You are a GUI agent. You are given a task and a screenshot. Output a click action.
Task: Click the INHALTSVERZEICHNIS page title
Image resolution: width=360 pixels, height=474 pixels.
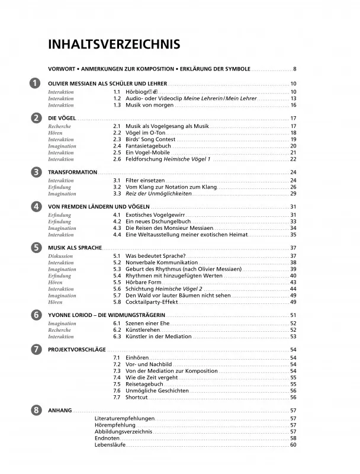pos(114,44)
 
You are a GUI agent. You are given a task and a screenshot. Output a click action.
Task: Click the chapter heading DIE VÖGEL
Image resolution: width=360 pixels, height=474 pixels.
pos(60,118)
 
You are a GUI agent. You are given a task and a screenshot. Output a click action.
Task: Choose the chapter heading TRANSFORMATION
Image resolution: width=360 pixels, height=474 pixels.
pos(72,172)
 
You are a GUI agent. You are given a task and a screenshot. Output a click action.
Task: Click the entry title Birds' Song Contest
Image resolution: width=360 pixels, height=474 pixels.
pos(147,139)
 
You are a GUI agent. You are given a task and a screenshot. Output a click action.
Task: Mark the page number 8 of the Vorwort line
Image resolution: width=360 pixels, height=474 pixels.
pos(294,69)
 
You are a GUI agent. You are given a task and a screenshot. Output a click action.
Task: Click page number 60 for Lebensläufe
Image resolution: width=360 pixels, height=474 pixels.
pos(292,445)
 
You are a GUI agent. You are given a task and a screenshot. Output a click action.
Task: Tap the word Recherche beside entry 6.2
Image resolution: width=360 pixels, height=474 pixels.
pos(59,329)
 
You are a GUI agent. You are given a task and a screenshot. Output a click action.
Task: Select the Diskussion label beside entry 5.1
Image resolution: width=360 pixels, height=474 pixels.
pos(60,256)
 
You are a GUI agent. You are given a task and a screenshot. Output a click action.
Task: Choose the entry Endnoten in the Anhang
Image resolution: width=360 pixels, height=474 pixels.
pos(107,438)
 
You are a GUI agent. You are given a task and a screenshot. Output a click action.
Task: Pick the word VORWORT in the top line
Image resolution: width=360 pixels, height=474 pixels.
pos(62,69)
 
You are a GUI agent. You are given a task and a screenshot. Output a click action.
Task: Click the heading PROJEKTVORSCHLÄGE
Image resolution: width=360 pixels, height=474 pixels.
pos(76,350)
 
